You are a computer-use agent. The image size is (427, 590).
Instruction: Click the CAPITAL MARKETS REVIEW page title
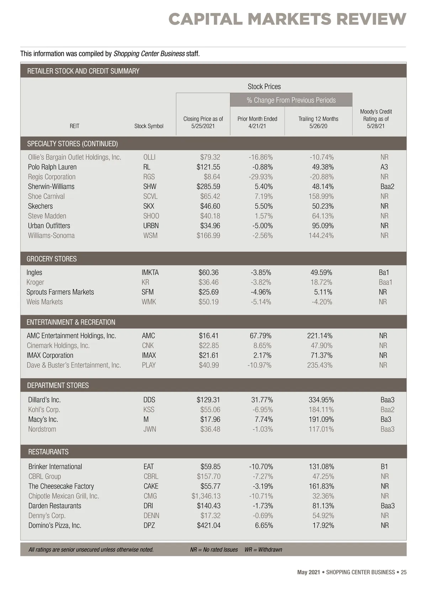(x=287, y=19)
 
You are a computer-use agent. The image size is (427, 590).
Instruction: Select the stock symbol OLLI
(x=149, y=157)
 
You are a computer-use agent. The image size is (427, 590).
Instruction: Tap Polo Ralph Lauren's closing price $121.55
(x=208, y=167)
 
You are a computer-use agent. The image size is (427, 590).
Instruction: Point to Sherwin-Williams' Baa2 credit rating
(x=387, y=187)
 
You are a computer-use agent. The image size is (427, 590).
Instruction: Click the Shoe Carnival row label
(x=46, y=197)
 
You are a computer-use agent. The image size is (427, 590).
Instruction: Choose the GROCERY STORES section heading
(x=52, y=259)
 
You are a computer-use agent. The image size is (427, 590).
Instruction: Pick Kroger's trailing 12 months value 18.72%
(x=321, y=282)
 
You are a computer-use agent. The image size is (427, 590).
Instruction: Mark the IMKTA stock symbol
(x=150, y=273)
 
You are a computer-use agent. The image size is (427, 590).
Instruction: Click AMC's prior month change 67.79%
(x=260, y=336)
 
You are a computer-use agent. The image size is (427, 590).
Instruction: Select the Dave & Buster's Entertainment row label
(x=74, y=365)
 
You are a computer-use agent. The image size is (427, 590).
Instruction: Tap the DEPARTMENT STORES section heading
(x=58, y=385)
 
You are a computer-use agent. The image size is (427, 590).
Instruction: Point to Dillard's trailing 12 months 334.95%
(x=321, y=400)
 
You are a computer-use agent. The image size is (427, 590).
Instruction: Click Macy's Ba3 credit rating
(x=386, y=419)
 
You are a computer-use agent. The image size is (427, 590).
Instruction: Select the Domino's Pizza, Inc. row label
(x=55, y=526)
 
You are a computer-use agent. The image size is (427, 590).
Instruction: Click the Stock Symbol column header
(x=149, y=126)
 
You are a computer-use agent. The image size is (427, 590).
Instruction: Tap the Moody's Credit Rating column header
(x=376, y=119)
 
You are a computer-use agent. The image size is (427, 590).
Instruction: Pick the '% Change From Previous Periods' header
(x=291, y=100)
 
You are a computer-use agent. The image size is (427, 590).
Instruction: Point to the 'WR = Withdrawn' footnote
(x=263, y=549)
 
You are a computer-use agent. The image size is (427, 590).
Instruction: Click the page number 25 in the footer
(x=404, y=572)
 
